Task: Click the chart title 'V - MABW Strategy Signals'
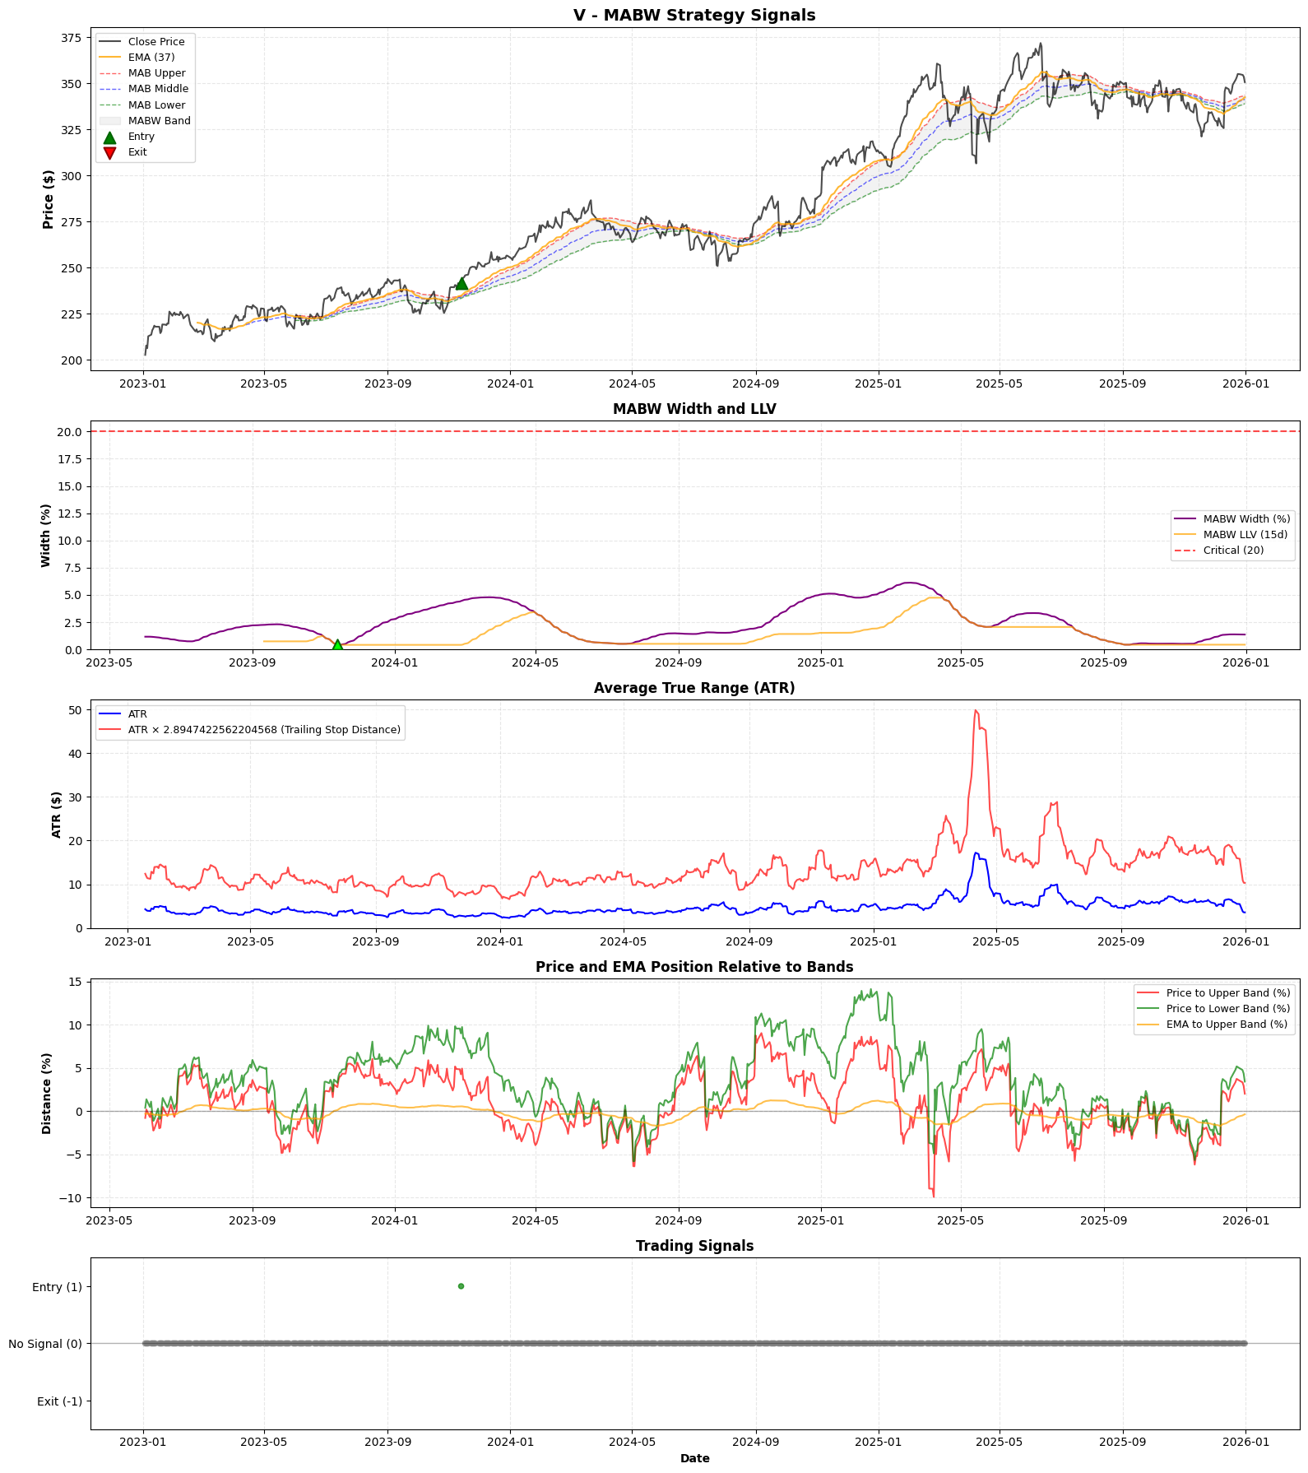tap(694, 15)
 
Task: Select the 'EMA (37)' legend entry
tap(151, 58)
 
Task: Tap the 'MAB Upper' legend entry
tap(156, 73)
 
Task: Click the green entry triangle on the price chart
tap(462, 284)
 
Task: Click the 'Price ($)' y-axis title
tap(49, 199)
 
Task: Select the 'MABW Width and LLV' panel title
tap(694, 409)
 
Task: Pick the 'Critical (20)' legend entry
tap(1232, 551)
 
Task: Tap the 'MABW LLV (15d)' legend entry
tap(1245, 535)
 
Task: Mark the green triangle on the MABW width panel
tap(337, 645)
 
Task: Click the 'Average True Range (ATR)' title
tap(694, 688)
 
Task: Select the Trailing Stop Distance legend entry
tap(263, 730)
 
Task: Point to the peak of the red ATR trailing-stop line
tap(976, 710)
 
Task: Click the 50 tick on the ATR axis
tap(75, 710)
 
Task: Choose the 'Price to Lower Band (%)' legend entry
tap(1227, 1009)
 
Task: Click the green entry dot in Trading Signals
tap(461, 1286)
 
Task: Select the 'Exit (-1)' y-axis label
tap(59, 1401)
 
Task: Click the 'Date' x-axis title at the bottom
tap(694, 1458)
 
